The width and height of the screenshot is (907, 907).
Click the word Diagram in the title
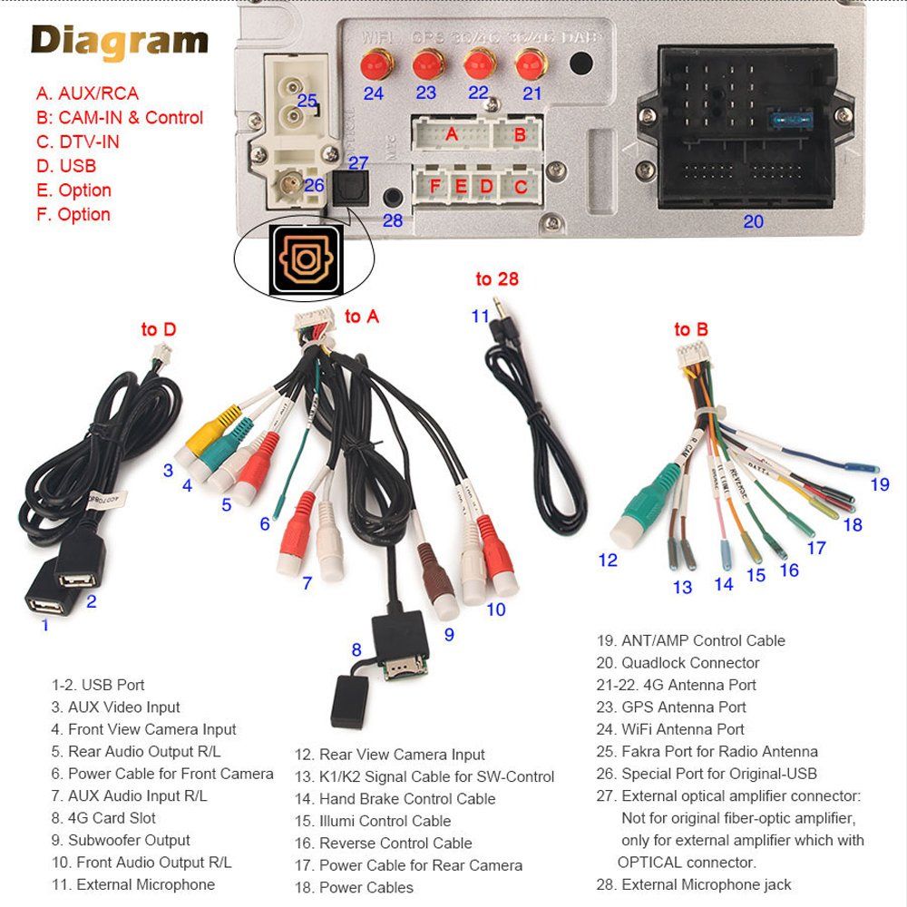(x=120, y=42)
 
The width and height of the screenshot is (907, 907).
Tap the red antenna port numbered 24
(x=373, y=64)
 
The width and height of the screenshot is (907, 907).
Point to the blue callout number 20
(x=753, y=221)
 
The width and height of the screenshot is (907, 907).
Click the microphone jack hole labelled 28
(x=393, y=196)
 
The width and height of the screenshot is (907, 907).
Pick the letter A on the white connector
(x=452, y=134)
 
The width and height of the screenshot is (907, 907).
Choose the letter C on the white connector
(x=520, y=187)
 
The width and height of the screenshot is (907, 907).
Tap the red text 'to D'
(x=159, y=329)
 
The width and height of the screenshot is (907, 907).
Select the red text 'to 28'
(x=497, y=279)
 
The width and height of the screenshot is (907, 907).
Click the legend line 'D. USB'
(x=65, y=166)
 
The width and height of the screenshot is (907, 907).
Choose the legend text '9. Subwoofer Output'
(x=121, y=840)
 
